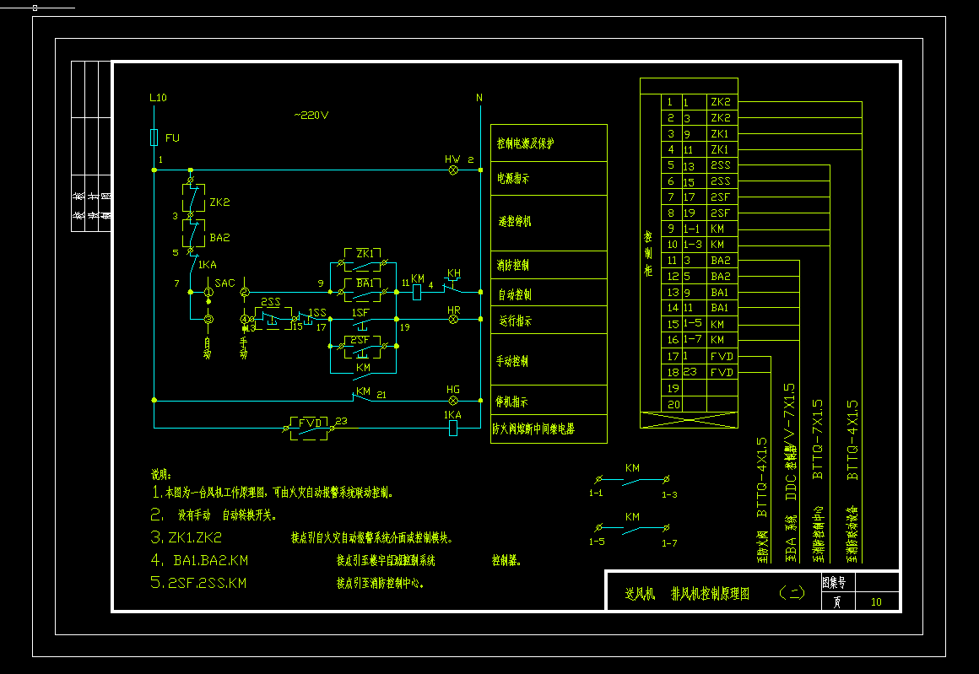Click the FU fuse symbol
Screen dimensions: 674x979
point(154,137)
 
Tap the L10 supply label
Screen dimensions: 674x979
point(158,98)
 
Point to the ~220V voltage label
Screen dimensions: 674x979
point(311,115)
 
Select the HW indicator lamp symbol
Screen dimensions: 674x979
point(453,170)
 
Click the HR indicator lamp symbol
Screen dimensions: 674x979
point(453,320)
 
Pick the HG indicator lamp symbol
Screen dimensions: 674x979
point(453,400)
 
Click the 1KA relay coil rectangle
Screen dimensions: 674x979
point(453,428)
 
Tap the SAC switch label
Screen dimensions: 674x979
point(224,283)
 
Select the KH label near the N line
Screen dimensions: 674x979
point(454,273)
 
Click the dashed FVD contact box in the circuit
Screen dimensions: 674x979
point(309,427)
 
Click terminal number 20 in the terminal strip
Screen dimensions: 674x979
point(672,404)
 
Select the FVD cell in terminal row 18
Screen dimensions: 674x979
point(722,372)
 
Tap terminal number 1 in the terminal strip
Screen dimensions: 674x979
point(672,102)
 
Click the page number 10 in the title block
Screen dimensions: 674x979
point(876,601)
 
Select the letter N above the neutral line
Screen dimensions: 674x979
point(479,98)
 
